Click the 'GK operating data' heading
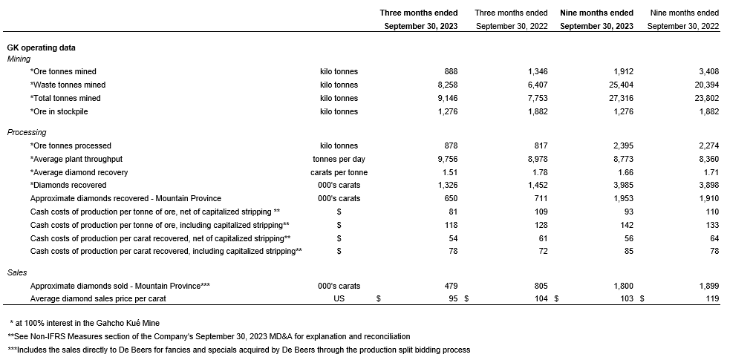41,48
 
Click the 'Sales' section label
17,273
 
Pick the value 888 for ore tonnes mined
451,72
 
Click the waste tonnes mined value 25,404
619,85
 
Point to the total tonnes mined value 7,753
535,98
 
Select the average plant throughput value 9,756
446,159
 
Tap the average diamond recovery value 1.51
449,172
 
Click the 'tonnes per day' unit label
339,159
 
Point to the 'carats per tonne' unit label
339,172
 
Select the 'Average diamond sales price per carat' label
98,298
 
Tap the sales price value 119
711,298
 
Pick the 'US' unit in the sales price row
339,298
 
